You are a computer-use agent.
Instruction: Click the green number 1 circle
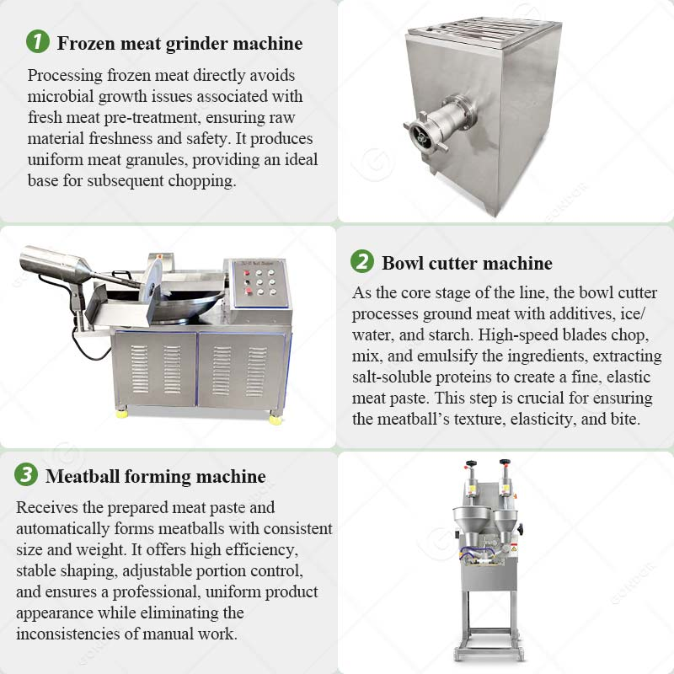point(38,41)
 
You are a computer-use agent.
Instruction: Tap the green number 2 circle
point(362,262)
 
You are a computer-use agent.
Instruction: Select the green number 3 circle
point(26,476)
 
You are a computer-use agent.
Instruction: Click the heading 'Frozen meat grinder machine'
point(179,42)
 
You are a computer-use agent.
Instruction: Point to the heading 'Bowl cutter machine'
point(467,263)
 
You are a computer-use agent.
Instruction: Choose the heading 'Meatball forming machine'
point(155,477)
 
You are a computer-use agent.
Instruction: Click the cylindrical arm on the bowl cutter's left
point(56,264)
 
